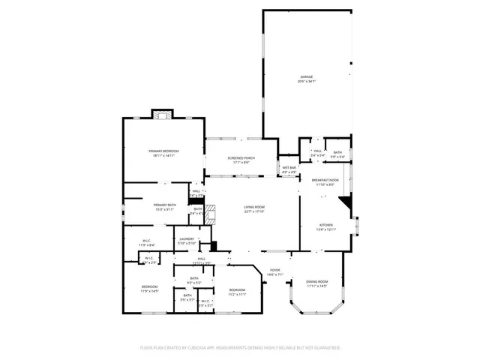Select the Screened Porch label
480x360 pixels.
(241, 160)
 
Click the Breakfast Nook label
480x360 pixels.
(325, 181)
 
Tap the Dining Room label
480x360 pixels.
(317, 283)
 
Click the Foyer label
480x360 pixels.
(275, 272)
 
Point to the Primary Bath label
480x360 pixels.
(165, 207)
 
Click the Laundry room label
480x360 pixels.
(186, 241)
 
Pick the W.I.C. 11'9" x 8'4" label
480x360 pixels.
(146, 243)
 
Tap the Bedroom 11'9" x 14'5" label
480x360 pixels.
(150, 289)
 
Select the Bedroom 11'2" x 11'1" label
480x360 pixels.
(237, 291)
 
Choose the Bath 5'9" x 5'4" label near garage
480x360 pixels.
(337, 154)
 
